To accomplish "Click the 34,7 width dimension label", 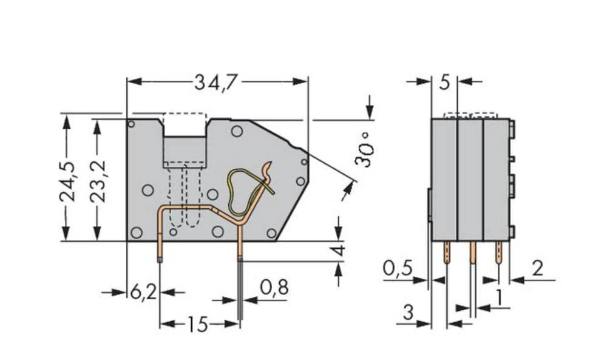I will (215, 81).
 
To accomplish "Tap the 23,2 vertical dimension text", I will (97, 181).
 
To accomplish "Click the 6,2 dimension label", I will (143, 292).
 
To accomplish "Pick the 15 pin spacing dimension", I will (197, 325).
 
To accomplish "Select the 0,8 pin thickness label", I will (274, 288).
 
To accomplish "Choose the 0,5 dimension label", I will (398, 268).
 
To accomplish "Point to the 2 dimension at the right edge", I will (537, 268).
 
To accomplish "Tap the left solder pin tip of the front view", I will (161, 259).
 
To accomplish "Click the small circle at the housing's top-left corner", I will (131, 124).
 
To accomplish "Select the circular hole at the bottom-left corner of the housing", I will (137, 232).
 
